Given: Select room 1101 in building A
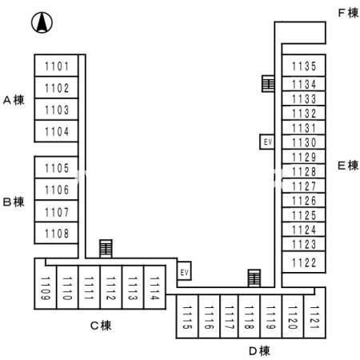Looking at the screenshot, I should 57,66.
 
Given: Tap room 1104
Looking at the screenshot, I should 57,131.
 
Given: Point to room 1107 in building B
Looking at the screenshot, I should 57,213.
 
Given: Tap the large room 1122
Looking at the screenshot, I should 304,262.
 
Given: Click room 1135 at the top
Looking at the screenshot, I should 304,67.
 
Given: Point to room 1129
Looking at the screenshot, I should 304,157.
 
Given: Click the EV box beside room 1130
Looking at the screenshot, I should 267,142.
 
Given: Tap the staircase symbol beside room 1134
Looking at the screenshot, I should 268,82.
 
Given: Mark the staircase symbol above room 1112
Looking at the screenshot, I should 106,248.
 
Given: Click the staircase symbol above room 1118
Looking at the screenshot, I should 254,277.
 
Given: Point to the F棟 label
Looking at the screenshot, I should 348,14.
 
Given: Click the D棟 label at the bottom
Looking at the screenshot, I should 258,350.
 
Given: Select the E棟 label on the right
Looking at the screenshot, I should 347,166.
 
